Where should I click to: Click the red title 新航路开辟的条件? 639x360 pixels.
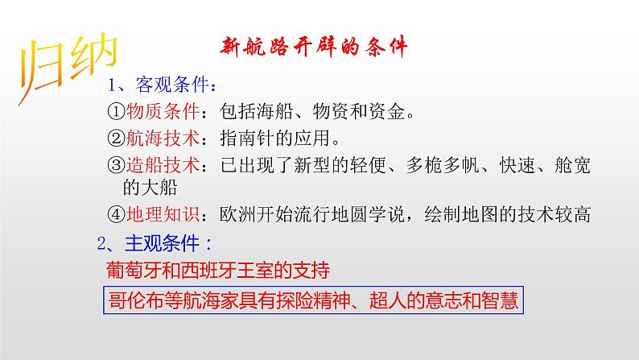pyautogui.click(x=314, y=48)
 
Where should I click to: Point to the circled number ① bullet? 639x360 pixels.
pyautogui.click(x=116, y=112)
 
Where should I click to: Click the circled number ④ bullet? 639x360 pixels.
pyautogui.click(x=116, y=214)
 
